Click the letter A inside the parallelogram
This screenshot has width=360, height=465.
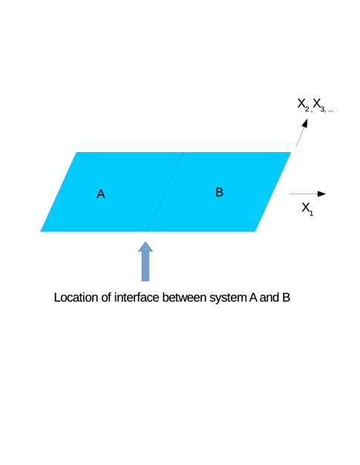coord(101,194)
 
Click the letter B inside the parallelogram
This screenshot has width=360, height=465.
coord(219,192)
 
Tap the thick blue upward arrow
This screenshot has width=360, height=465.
coord(145,261)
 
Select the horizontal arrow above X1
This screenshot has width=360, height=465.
coord(307,194)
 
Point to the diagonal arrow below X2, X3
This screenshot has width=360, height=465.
coord(302,132)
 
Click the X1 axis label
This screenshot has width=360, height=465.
coord(307,208)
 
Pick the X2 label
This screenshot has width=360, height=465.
coord(304,105)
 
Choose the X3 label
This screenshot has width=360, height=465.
coord(319,105)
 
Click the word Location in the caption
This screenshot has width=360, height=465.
coord(76,297)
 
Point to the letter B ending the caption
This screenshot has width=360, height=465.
coord(286,297)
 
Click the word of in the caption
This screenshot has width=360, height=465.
coord(106,297)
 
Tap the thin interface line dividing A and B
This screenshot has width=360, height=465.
coord(165,192)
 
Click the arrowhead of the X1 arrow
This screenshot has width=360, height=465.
coord(321,194)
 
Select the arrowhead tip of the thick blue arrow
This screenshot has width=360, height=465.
coord(145,242)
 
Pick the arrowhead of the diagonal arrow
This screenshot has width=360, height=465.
coord(305,123)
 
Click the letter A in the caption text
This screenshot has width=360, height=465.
coord(253,297)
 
